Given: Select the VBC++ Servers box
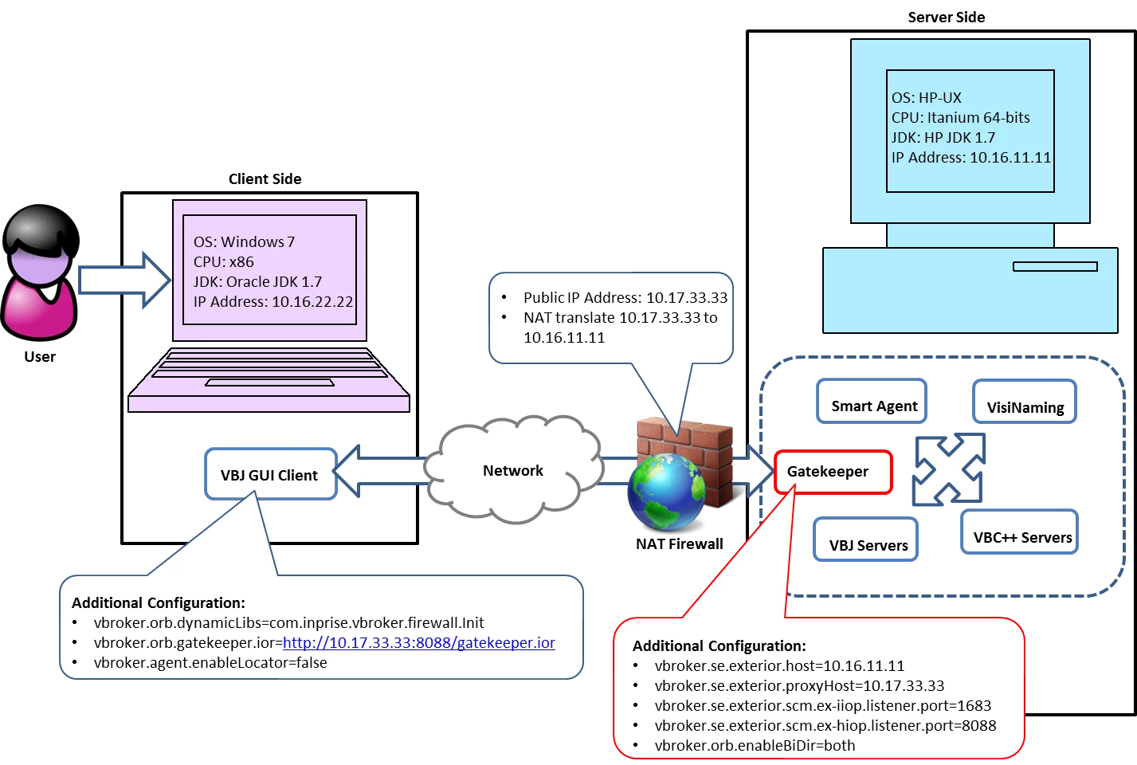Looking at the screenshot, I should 1021,537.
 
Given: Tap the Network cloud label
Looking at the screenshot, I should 513,471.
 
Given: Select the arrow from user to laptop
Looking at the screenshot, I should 124,280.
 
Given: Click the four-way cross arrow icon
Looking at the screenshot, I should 948,470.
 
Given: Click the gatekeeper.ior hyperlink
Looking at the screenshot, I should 418,643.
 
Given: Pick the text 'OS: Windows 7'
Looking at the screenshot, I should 244,242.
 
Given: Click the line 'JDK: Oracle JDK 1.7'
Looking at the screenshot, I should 257,282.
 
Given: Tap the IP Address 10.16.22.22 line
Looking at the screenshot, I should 272,302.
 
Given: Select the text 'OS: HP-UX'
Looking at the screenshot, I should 926,98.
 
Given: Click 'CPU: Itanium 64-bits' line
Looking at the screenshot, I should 960,118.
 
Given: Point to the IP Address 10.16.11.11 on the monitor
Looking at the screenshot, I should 970,158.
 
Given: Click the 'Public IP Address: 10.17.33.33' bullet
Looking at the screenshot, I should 625,298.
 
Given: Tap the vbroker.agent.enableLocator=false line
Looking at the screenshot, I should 210,663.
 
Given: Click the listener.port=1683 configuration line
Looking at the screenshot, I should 822,706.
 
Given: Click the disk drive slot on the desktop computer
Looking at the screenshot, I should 1055,267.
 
